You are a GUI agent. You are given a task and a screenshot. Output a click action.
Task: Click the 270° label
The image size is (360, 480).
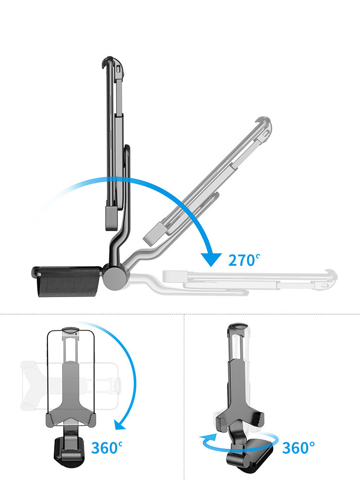click(244, 260)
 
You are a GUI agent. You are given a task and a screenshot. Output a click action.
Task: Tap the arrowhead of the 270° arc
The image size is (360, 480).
click(211, 260)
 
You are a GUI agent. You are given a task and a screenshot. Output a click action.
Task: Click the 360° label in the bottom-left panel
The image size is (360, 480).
click(107, 448)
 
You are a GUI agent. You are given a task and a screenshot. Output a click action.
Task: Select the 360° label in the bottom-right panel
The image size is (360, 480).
click(298, 448)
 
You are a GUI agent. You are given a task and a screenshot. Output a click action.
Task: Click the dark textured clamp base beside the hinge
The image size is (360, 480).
click(67, 281)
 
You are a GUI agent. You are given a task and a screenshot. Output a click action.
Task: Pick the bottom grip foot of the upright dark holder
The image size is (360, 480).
click(111, 217)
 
